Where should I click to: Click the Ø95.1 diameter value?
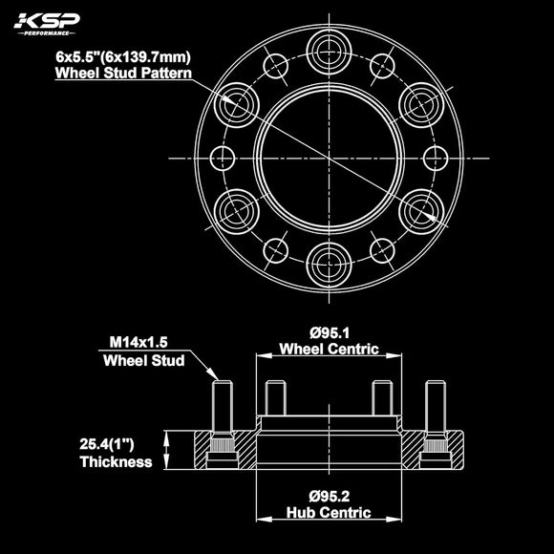click(x=329, y=333)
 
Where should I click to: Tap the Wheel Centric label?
click(x=329, y=350)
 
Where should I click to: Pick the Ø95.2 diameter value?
click(x=329, y=497)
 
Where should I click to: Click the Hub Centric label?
click(x=329, y=513)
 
